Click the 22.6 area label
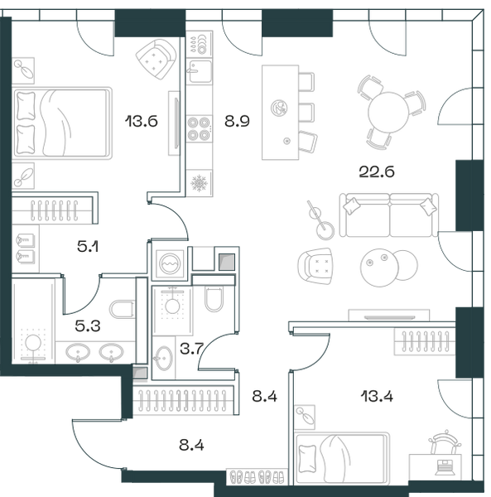[377, 171]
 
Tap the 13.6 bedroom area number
[142, 122]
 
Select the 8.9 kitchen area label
[237, 121]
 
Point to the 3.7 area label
[191, 349]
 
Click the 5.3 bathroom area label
[88, 326]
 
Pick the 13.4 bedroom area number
[377, 397]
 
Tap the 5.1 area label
[88, 246]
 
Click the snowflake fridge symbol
[199, 183]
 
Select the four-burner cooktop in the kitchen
[199, 128]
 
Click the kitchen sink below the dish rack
[199, 71]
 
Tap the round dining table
[388, 112]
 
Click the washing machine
[170, 263]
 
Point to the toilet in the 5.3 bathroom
[122, 309]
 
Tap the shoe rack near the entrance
[257, 476]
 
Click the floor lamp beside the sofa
[320, 220]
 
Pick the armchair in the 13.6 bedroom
[156, 59]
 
